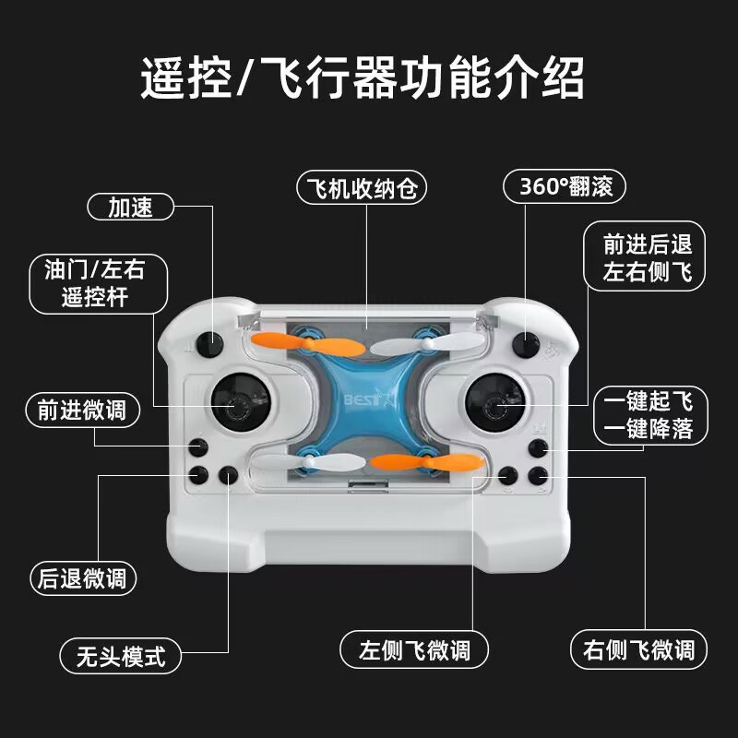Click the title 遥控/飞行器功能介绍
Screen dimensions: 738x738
pyautogui.click(x=362, y=77)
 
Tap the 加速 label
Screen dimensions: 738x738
pyautogui.click(x=131, y=207)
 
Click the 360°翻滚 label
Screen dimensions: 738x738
pyautogui.click(x=564, y=187)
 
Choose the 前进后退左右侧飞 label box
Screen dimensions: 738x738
pyautogui.click(x=647, y=259)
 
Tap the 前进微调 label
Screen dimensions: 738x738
pyautogui.click(x=83, y=410)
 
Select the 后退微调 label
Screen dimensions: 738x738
pyautogui.click(x=83, y=578)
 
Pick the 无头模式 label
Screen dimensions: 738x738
pyautogui.click(x=119, y=656)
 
